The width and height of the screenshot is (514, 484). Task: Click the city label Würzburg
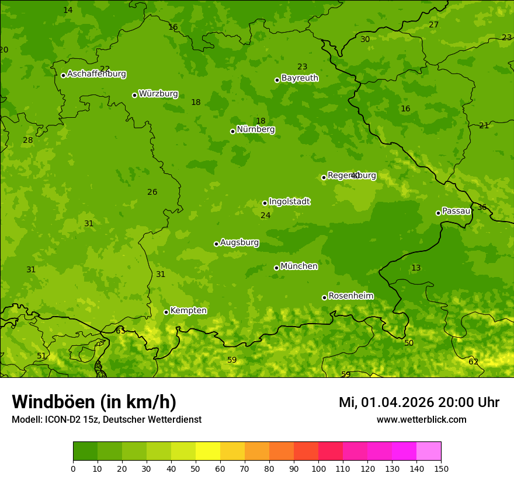coord(158,94)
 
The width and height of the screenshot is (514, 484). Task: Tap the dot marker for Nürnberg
coord(232,131)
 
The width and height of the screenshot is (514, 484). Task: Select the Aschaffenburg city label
coord(96,74)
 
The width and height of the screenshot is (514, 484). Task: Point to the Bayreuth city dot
coord(277,80)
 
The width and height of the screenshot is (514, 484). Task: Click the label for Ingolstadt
coord(289,202)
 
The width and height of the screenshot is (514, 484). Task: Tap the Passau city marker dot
coord(438,213)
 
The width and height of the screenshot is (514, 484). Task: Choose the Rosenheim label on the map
coord(350,296)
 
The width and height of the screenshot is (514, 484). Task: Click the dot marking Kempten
coord(166,312)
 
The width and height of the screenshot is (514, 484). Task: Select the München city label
coord(299,266)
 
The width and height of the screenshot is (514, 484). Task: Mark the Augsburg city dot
coord(216,244)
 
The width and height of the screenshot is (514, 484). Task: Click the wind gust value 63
coord(120,331)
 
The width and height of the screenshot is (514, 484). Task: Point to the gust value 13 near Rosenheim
coord(416,268)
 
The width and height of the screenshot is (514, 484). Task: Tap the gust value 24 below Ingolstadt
coord(266,216)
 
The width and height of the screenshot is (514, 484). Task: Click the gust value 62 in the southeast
coord(473,362)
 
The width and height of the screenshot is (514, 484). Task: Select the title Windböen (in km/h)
coord(94,402)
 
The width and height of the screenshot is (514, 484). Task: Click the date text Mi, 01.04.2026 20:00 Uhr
coord(419,402)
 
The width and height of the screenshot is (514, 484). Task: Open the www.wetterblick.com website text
coord(421,420)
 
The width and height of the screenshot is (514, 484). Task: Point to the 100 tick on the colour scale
coord(318,468)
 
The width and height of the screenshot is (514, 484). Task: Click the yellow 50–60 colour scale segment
coord(208,451)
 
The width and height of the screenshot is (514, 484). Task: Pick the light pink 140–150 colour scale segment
coord(429,451)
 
